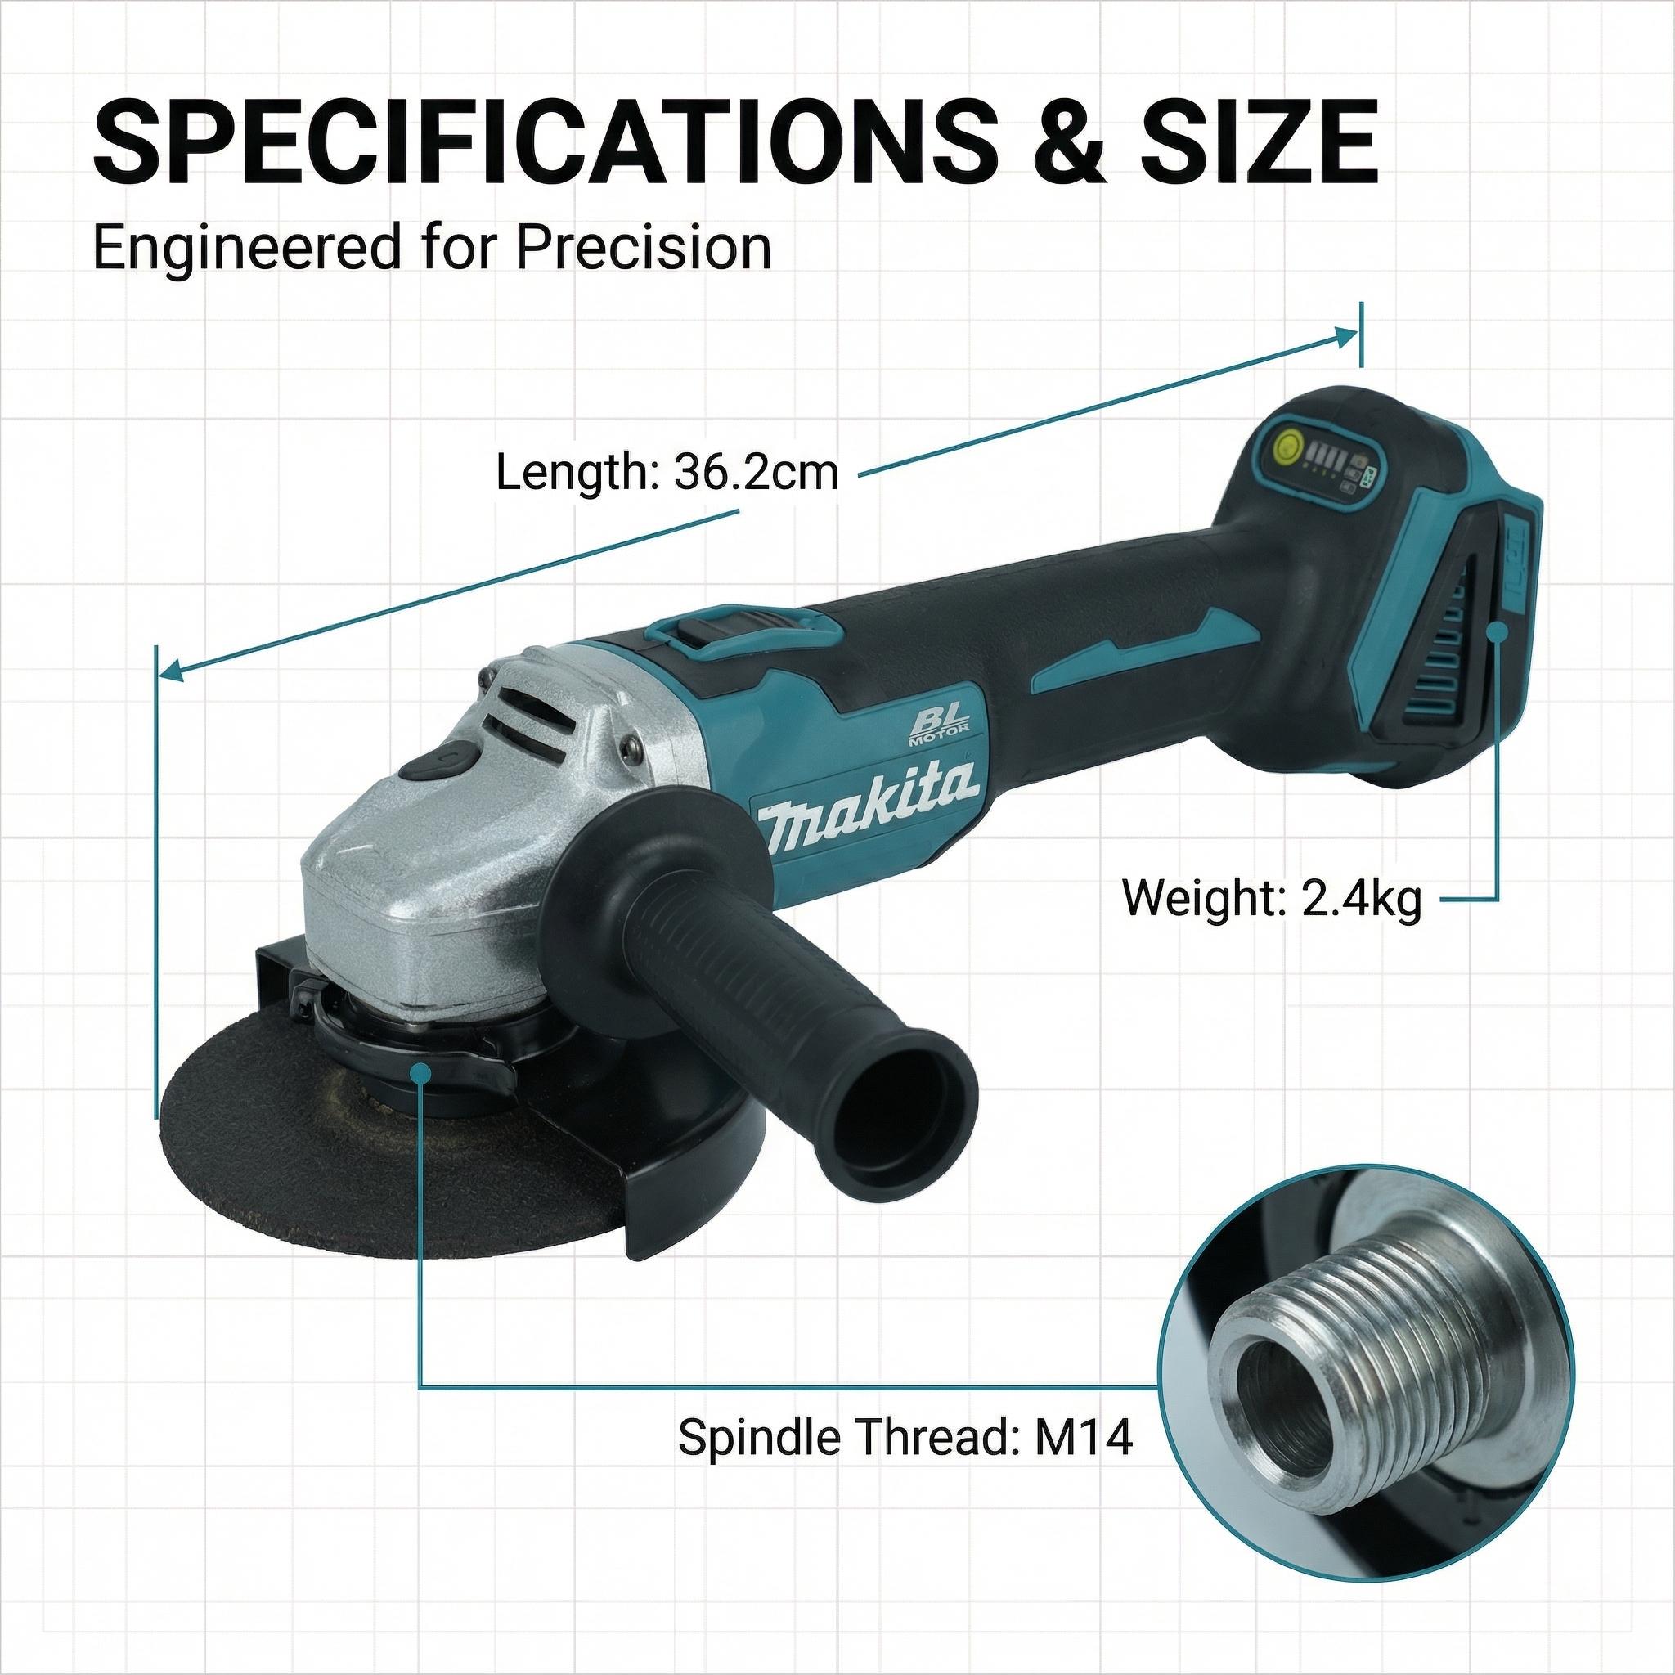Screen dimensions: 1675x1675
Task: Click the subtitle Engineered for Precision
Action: [432, 249]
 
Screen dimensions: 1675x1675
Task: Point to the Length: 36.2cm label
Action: [667, 474]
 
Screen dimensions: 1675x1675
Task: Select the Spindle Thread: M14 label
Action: [905, 1436]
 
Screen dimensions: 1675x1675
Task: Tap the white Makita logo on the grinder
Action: [869, 796]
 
